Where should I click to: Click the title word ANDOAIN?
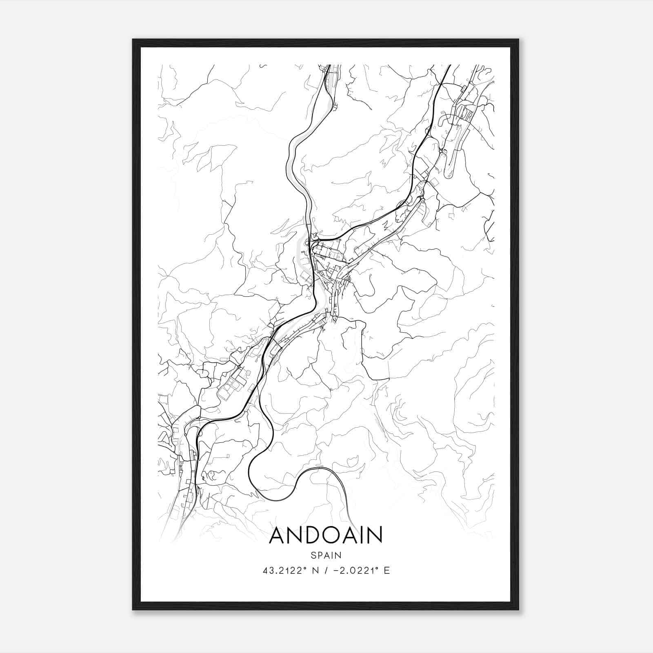tap(326, 535)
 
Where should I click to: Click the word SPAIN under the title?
tap(326, 555)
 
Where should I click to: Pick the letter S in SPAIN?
tap(313, 555)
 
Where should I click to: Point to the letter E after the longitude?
tap(387, 571)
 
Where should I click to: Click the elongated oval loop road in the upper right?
tap(452, 163)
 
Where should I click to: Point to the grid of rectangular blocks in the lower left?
tap(232, 384)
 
